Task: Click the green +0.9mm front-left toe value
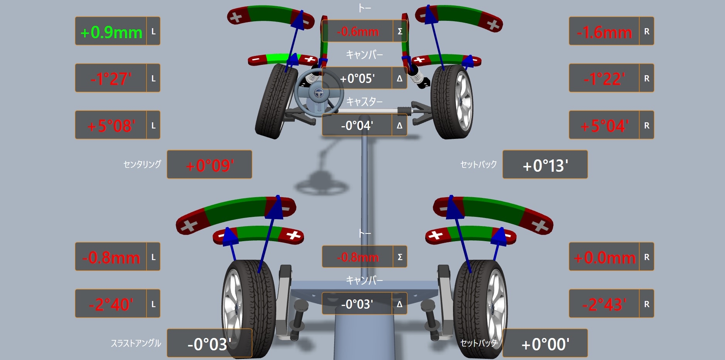(x=111, y=32)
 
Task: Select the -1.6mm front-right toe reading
(x=604, y=32)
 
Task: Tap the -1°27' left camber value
(x=111, y=79)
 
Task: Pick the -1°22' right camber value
(x=604, y=79)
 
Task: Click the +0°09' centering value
(x=210, y=166)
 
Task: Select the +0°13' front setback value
(x=545, y=166)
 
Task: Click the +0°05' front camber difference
(x=357, y=79)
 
